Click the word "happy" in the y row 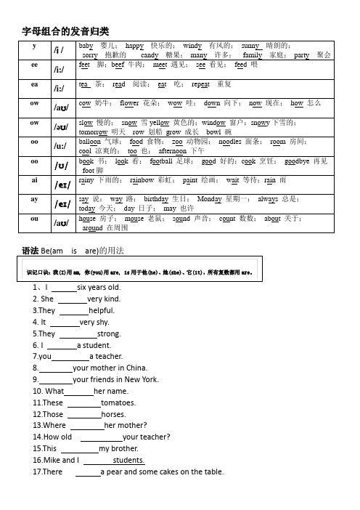pos(134,45)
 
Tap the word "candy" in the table pos(150,54)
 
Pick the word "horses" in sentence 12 pos(115,414)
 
